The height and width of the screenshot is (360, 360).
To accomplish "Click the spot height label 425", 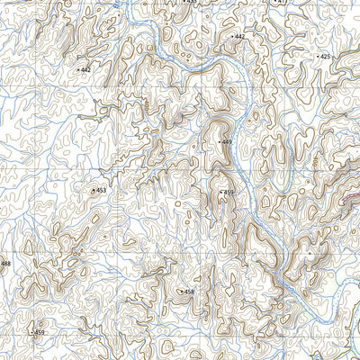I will point(325,57).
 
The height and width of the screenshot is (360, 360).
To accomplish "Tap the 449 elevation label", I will point(227,142).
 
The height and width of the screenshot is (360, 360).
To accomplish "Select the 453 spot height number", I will point(101,190).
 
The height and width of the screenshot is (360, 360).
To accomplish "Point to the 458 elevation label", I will point(189,292).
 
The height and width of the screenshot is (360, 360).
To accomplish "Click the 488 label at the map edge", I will point(5,264).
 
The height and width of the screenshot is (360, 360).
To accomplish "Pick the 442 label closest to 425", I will point(239,36).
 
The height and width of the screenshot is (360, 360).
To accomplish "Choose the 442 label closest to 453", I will point(85,69).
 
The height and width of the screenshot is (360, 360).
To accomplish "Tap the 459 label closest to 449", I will point(229,193).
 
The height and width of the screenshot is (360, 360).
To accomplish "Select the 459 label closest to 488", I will point(39,333).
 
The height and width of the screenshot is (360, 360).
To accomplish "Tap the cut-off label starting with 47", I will point(282,3).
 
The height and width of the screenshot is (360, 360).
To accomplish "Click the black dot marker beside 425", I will point(317,57).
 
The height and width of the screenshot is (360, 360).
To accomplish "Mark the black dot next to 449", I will point(219,142).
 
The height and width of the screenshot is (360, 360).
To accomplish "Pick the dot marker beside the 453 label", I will point(93,190).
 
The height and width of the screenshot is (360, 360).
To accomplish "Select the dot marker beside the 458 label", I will point(181,292).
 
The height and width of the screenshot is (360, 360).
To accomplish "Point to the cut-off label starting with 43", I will point(188,3).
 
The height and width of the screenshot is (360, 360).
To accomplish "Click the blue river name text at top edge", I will point(117,4).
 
